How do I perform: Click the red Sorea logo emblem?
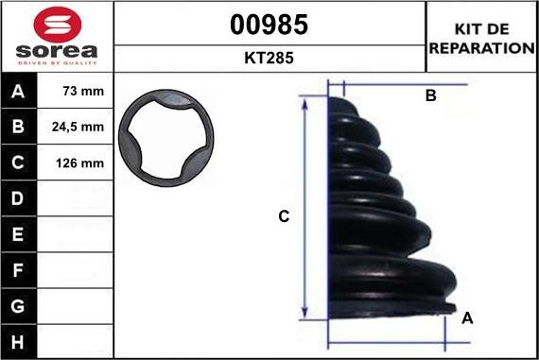pos(58,25)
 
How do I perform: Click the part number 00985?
pos(269,25)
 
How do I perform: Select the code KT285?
pos(269,58)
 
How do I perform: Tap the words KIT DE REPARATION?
pos(481,39)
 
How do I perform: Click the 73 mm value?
pos(83,91)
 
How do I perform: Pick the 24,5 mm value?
pos(78,127)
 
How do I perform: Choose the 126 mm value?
pos(79,163)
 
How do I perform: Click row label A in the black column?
pos(18,91)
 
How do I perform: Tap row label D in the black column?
pos(18,198)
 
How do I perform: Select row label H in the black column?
pos(18,342)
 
